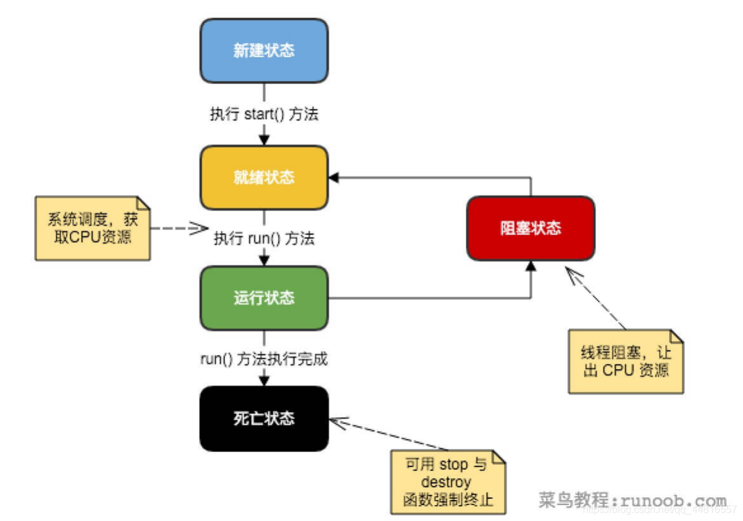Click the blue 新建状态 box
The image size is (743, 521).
(x=264, y=51)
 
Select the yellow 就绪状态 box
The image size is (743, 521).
(x=264, y=177)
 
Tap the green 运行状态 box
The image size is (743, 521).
(x=264, y=298)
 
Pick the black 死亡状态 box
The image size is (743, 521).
(x=264, y=419)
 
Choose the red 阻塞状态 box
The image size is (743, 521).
(x=531, y=228)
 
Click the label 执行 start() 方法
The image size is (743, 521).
(x=264, y=115)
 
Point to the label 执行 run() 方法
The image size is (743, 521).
(x=264, y=239)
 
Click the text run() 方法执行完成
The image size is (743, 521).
(x=264, y=359)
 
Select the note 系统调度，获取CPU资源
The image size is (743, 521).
(x=93, y=228)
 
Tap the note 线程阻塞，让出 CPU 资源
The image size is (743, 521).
(x=626, y=362)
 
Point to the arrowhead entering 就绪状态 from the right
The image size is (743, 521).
(x=334, y=178)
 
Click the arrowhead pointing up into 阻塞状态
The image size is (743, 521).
(x=531, y=266)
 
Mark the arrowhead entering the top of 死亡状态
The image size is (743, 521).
(x=264, y=381)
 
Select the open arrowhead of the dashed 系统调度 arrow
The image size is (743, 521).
(x=201, y=228)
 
